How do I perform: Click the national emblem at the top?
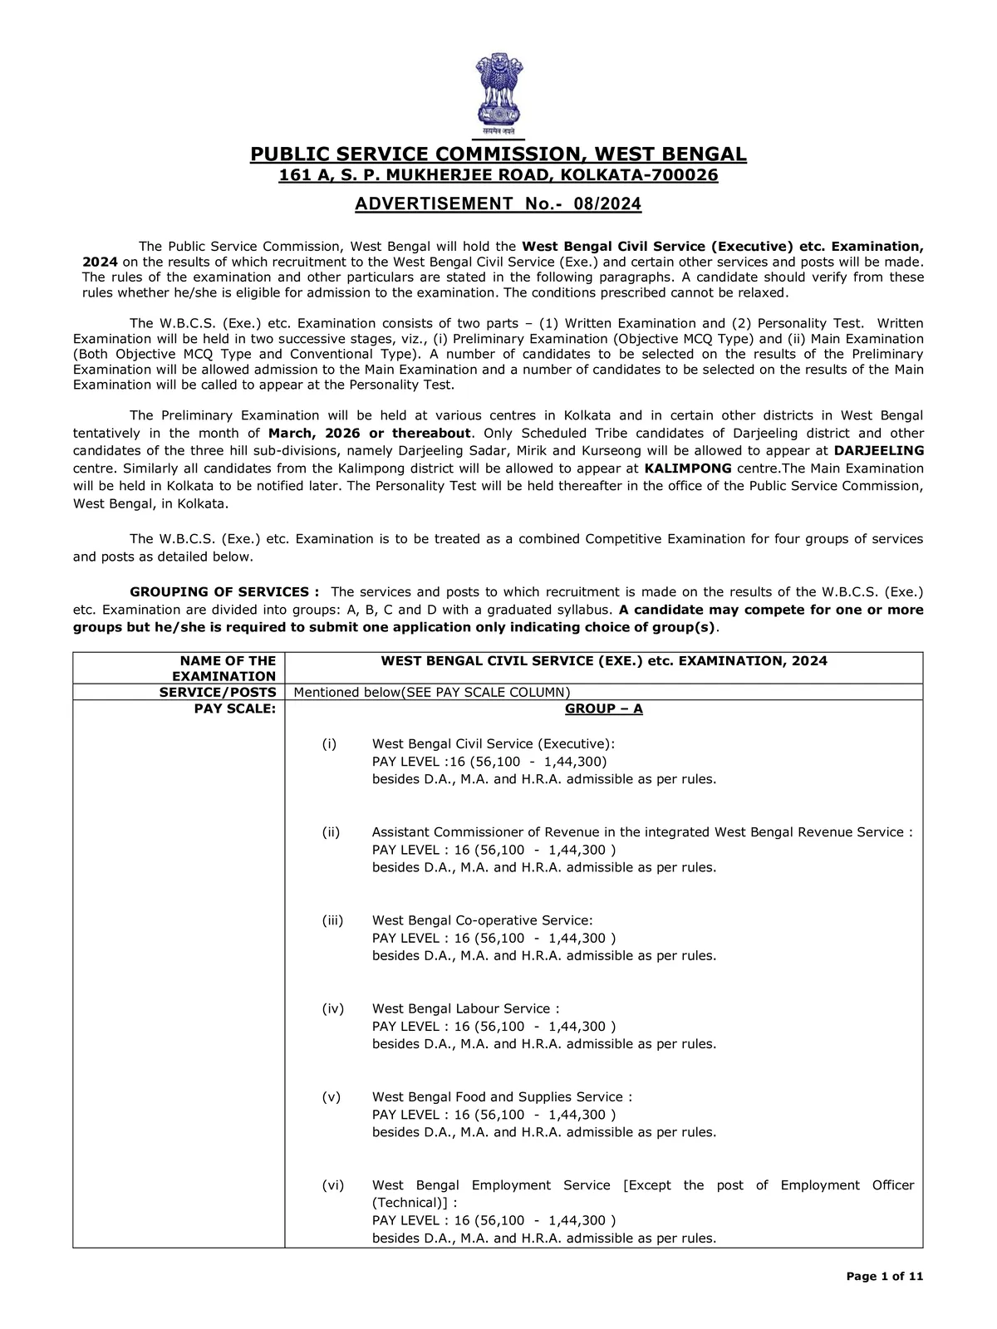point(498,93)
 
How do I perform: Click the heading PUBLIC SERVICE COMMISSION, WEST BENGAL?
point(498,154)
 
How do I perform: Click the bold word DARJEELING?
point(879,450)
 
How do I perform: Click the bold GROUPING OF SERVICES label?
point(225,592)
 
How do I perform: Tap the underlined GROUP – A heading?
point(603,709)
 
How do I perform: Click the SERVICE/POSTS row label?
point(218,693)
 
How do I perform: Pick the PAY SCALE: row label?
point(235,709)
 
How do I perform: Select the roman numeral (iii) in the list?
point(332,920)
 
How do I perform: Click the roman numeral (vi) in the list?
point(332,1185)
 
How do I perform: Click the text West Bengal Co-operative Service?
point(482,920)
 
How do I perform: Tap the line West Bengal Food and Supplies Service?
point(502,1097)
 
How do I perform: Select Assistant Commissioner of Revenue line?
point(641,832)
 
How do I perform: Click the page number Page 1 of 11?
point(885,1277)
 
